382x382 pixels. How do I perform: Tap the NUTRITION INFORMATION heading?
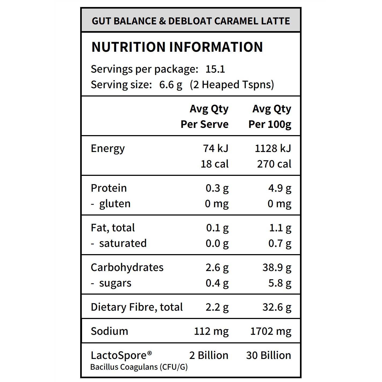[x=177, y=47]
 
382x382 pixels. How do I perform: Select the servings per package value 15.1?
[x=215, y=69]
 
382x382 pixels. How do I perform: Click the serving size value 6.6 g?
[x=170, y=85]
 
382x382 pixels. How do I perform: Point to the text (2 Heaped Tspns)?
[x=232, y=85]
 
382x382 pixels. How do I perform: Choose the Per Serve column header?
[x=205, y=124]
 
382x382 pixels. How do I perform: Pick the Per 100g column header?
[x=270, y=124]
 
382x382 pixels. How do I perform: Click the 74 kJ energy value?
[x=216, y=149]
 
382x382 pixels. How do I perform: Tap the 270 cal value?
[x=274, y=164]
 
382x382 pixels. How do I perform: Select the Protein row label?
[x=109, y=188]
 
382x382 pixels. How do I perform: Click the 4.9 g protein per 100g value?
[x=280, y=188]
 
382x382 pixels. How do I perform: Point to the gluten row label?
[x=115, y=204]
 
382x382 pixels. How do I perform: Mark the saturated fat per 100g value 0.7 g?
[x=280, y=243]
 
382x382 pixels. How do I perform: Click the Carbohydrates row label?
[x=127, y=268]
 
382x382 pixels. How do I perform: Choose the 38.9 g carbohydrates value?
[x=277, y=268]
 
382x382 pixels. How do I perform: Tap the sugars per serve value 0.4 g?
[x=217, y=283]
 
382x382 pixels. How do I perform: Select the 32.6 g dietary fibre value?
[x=277, y=307]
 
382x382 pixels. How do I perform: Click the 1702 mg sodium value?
[x=270, y=331]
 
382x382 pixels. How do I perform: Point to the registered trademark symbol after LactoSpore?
[x=150, y=353]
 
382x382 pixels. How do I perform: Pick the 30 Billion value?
[x=268, y=355]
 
